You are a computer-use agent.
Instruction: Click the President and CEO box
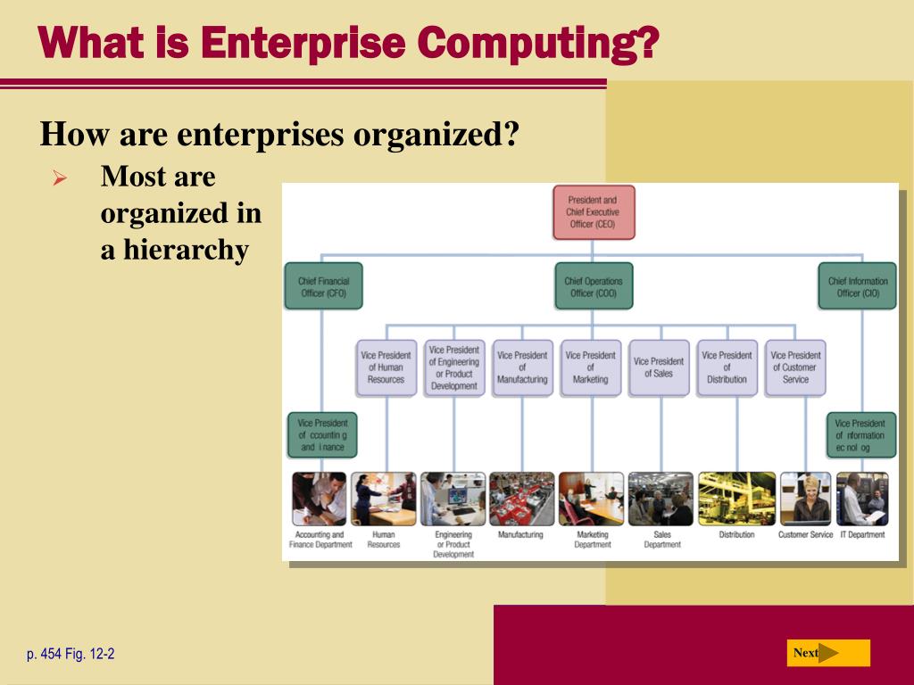(594, 212)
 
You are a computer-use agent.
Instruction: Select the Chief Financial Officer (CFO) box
(323, 286)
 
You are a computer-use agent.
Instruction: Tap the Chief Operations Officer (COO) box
(594, 286)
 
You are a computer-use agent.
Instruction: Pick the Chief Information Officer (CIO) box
(858, 286)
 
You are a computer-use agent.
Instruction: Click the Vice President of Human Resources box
(386, 367)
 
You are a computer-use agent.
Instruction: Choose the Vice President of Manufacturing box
(522, 367)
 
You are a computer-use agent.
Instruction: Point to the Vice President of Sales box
(659, 367)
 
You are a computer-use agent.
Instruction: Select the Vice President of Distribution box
(727, 367)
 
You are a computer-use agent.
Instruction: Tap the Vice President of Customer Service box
(795, 367)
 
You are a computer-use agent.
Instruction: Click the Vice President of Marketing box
(590, 367)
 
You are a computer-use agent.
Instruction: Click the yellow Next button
(827, 653)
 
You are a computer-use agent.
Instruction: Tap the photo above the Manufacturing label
(521, 499)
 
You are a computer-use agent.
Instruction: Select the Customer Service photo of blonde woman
(805, 499)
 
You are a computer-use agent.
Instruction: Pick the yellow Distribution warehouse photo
(736, 499)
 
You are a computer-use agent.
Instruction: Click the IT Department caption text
(861, 535)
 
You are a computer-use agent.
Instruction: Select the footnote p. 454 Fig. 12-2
(71, 655)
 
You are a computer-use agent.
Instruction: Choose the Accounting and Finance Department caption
(320, 540)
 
